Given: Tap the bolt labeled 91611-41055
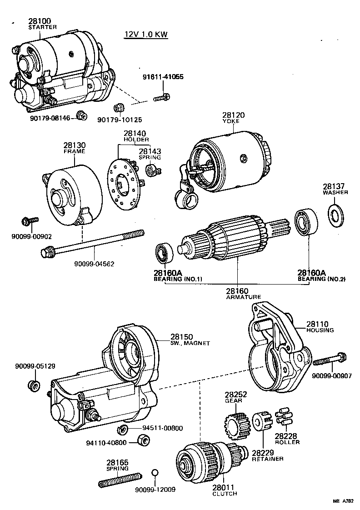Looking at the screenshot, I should [x=161, y=97].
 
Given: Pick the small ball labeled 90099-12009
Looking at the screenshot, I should [x=155, y=474].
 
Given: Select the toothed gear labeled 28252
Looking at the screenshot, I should [x=236, y=425].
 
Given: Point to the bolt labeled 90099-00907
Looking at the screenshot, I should [x=330, y=361].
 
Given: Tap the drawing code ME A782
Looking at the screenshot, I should [x=343, y=501].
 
